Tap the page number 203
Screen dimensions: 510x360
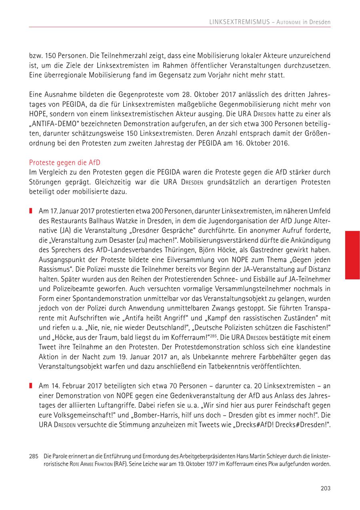(326, 488)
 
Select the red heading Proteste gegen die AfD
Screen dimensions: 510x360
(65, 162)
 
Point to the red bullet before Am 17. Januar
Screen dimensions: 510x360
(30, 210)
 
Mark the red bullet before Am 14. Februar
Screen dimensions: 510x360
(30, 386)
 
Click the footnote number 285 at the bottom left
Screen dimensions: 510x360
(34, 456)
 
